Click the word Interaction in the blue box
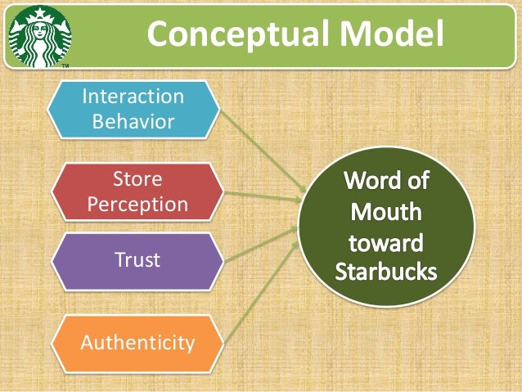click(134, 97)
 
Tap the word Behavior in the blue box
click(134, 123)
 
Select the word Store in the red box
click(137, 178)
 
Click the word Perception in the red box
click(137, 204)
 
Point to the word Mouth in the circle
click(386, 211)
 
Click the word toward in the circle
click(386, 242)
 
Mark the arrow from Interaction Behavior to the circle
click(261, 151)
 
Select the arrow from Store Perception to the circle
click(262, 196)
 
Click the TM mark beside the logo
click(65, 65)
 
